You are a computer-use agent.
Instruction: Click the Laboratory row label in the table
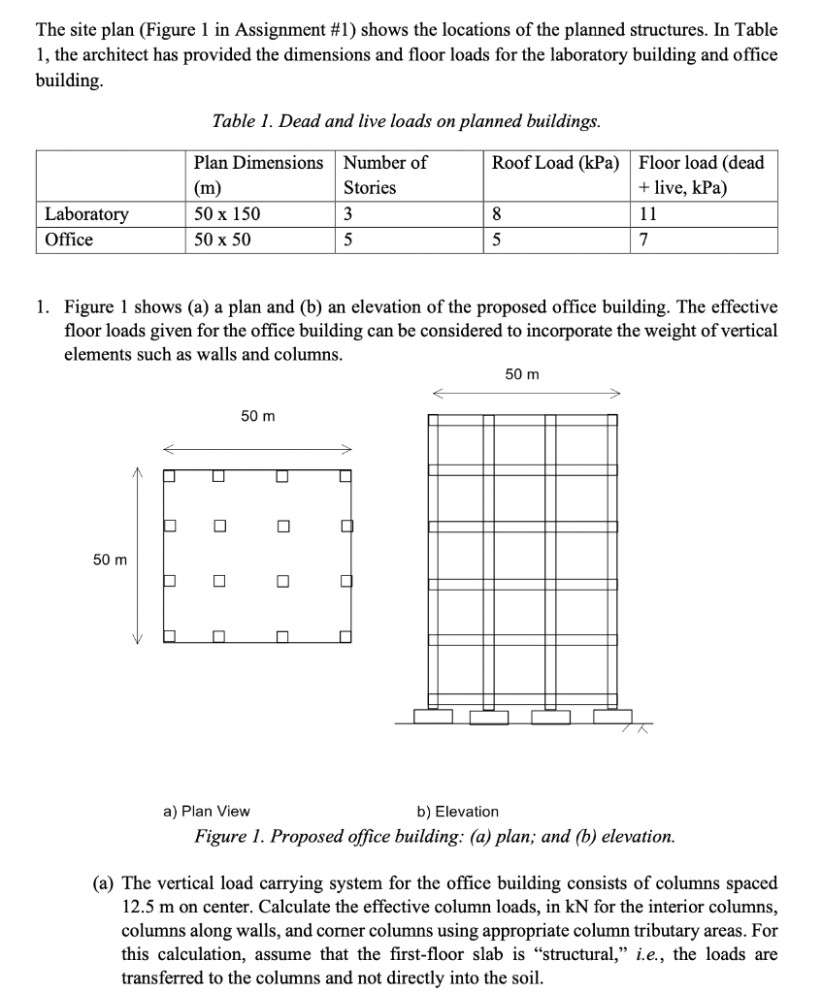click(86, 214)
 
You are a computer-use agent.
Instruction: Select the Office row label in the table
click(69, 240)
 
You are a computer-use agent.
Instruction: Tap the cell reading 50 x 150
click(227, 214)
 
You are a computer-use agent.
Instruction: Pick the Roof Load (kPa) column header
click(555, 162)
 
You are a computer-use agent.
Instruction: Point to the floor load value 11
click(648, 214)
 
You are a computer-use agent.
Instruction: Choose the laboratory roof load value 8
click(497, 214)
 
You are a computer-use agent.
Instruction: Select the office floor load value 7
click(644, 240)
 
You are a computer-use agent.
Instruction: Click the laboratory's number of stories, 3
click(348, 214)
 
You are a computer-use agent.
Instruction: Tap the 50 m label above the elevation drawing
click(522, 374)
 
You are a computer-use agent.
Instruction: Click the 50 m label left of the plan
click(110, 560)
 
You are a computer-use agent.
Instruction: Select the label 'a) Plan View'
click(207, 811)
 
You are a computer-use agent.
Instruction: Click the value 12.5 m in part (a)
click(147, 907)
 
